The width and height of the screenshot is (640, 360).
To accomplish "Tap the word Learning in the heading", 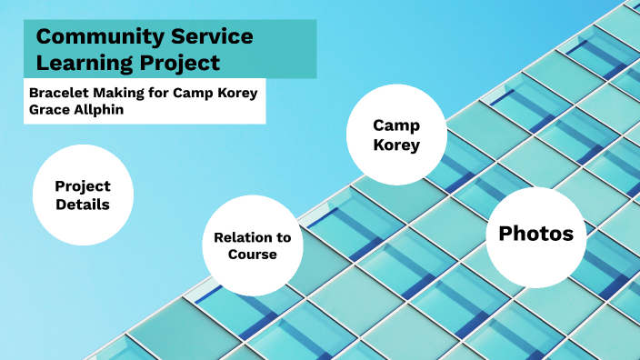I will pos(84,63).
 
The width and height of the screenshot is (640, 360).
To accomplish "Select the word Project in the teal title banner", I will pos(177,63).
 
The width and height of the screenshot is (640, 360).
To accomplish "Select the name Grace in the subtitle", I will pos(48,109).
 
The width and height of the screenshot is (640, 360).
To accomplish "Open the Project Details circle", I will pos(84,195).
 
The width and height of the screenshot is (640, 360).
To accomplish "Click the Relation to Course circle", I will pos(252,245).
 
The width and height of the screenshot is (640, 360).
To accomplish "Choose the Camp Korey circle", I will pos(396,135).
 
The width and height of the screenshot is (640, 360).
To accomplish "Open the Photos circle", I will pos(535,234).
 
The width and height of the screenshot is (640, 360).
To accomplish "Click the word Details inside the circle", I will pos(83,205).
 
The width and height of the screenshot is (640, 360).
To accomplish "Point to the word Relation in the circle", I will pos(252,237).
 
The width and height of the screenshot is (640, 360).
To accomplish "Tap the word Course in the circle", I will pos(252,255).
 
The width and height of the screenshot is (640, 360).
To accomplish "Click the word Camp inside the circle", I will pos(396,125).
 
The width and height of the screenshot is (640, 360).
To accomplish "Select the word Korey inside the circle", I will pos(396,144).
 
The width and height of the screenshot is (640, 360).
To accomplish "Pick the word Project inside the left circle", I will pos(83,185).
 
